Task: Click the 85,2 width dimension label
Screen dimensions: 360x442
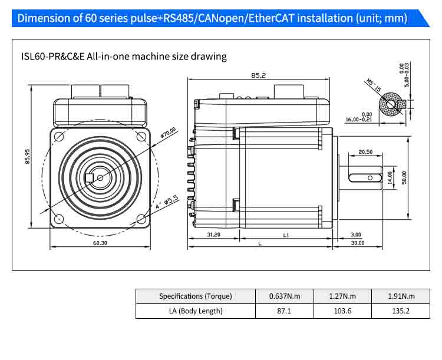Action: coord(259,75)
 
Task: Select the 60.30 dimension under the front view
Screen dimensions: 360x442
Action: coord(100,242)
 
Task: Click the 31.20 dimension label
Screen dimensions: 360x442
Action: coord(214,235)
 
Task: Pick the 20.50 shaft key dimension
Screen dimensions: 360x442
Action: coord(365,152)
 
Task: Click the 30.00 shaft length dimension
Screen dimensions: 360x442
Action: coord(357,243)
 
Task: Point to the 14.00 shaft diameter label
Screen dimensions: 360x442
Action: coord(389,177)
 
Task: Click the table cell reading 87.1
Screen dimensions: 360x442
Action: coord(283,311)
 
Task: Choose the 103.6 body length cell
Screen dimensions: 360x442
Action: coord(342,311)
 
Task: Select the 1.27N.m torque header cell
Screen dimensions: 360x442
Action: coord(342,296)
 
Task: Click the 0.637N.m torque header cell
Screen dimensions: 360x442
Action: coord(283,296)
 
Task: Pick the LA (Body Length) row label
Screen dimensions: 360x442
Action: coord(196,311)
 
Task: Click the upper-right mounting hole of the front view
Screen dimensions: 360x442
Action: coord(141,136)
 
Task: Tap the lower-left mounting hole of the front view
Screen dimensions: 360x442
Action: coord(58,219)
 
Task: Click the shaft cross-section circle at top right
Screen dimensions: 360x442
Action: coord(390,105)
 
